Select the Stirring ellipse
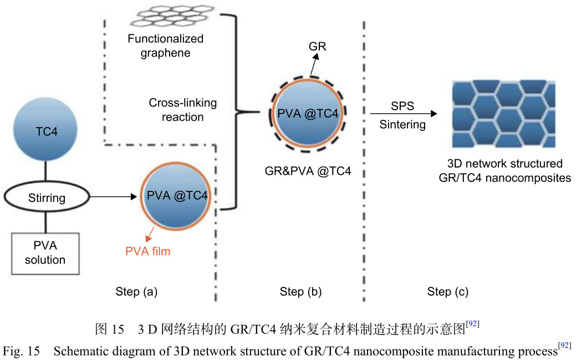[47, 197]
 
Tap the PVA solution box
[45, 252]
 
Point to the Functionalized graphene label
[165, 46]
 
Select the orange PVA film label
[147, 251]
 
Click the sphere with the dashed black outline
[308, 115]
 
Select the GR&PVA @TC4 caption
[308, 171]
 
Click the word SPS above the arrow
[402, 105]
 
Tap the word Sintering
[402, 125]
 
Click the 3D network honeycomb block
[503, 114]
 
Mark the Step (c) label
[447, 292]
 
